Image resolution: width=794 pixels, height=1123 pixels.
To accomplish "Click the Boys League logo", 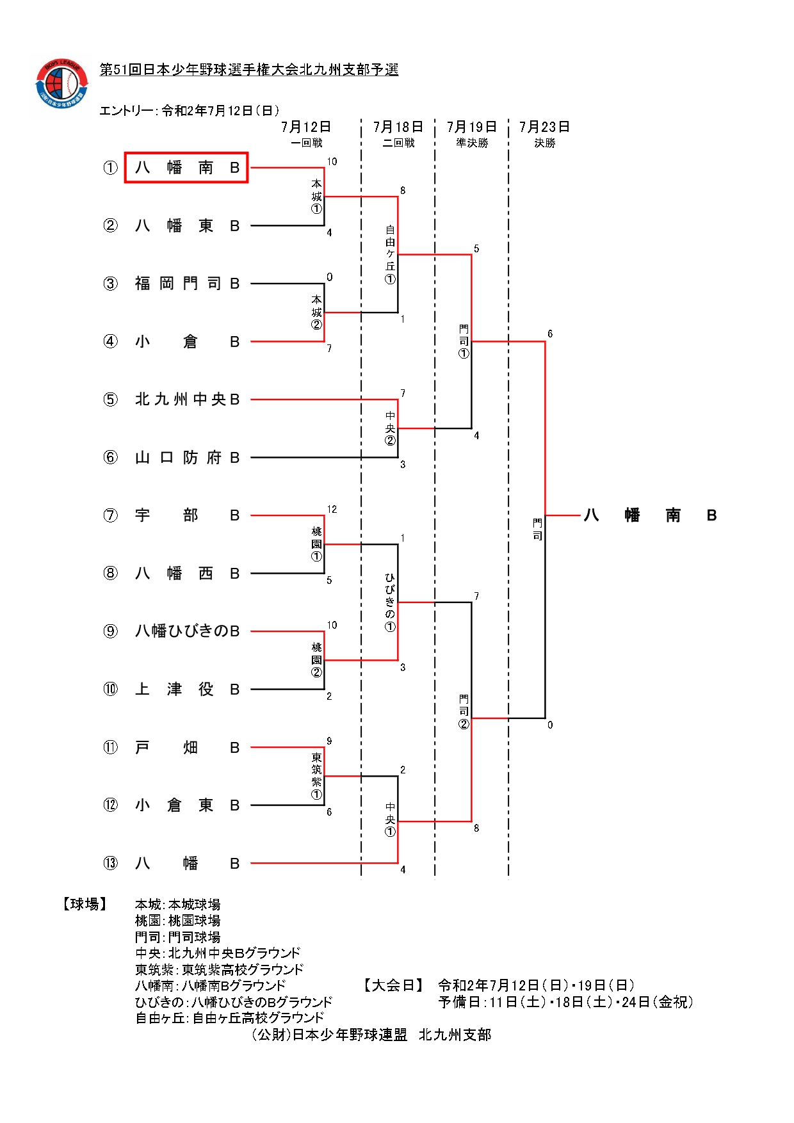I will tap(61, 84).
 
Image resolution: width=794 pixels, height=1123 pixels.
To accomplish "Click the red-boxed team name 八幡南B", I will tap(186, 168).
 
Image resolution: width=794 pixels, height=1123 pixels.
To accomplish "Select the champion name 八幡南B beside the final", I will tap(649, 515).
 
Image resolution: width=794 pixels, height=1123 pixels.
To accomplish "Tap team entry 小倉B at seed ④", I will tap(186, 342).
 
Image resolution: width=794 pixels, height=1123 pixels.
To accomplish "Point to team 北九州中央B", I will tap(186, 400).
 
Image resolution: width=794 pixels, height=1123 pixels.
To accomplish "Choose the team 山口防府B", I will tap(186, 458).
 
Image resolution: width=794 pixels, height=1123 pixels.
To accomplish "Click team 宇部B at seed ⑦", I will tap(186, 515).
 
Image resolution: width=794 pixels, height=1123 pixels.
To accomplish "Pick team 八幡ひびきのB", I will tap(186, 631).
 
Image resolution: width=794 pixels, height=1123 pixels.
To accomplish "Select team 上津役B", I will tap(186, 690).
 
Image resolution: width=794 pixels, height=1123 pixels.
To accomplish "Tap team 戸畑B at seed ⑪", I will tap(186, 747).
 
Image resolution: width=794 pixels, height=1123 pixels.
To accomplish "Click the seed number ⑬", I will tap(111, 863).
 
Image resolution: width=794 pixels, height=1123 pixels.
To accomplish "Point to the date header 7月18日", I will tap(398, 127).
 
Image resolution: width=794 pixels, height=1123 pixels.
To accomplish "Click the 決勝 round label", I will tap(545, 143).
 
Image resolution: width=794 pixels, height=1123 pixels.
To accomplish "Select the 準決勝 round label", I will tap(472, 143).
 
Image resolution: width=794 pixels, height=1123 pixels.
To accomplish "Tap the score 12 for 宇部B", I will tap(332, 510).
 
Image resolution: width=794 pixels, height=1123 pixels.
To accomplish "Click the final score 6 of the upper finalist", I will tap(550, 334).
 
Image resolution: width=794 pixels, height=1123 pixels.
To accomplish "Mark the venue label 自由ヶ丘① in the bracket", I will tap(390, 254).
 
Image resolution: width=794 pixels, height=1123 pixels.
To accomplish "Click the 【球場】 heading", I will tap(85, 904).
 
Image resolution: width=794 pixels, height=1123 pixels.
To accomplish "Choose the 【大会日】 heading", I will tap(393, 985).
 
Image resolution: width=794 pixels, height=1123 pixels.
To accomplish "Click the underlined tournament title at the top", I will tap(249, 70).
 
